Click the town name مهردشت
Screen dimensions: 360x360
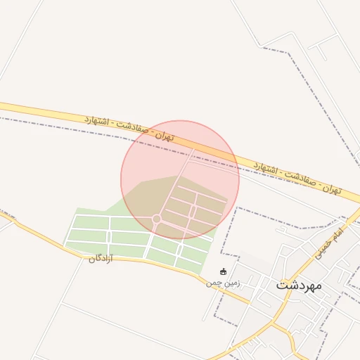[299, 285]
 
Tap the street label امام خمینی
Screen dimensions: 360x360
[328, 240]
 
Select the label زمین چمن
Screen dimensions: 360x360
[223, 283]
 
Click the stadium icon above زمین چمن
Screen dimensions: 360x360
[224, 271]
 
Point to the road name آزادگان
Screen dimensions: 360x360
[101, 259]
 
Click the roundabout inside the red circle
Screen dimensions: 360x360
[157, 219]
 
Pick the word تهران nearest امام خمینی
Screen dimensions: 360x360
[332, 190]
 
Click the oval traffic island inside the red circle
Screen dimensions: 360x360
[191, 210]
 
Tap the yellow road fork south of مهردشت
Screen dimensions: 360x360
[273, 325]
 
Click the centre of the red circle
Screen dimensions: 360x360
[180, 180]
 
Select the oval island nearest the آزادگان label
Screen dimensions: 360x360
[109, 237]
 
